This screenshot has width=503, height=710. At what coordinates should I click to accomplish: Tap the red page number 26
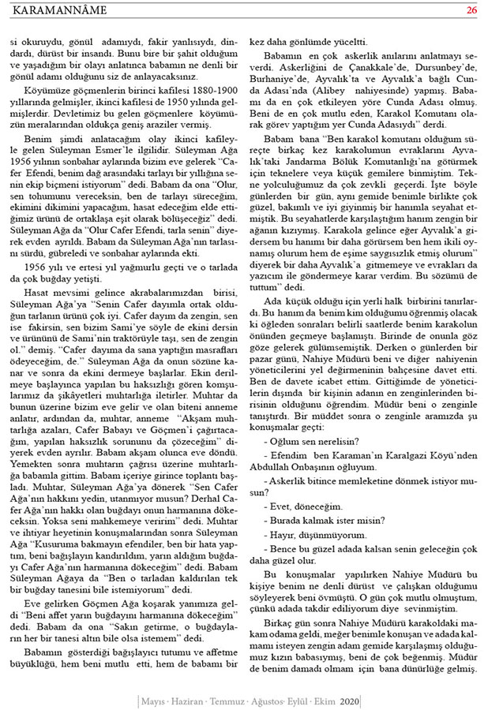click(471, 10)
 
